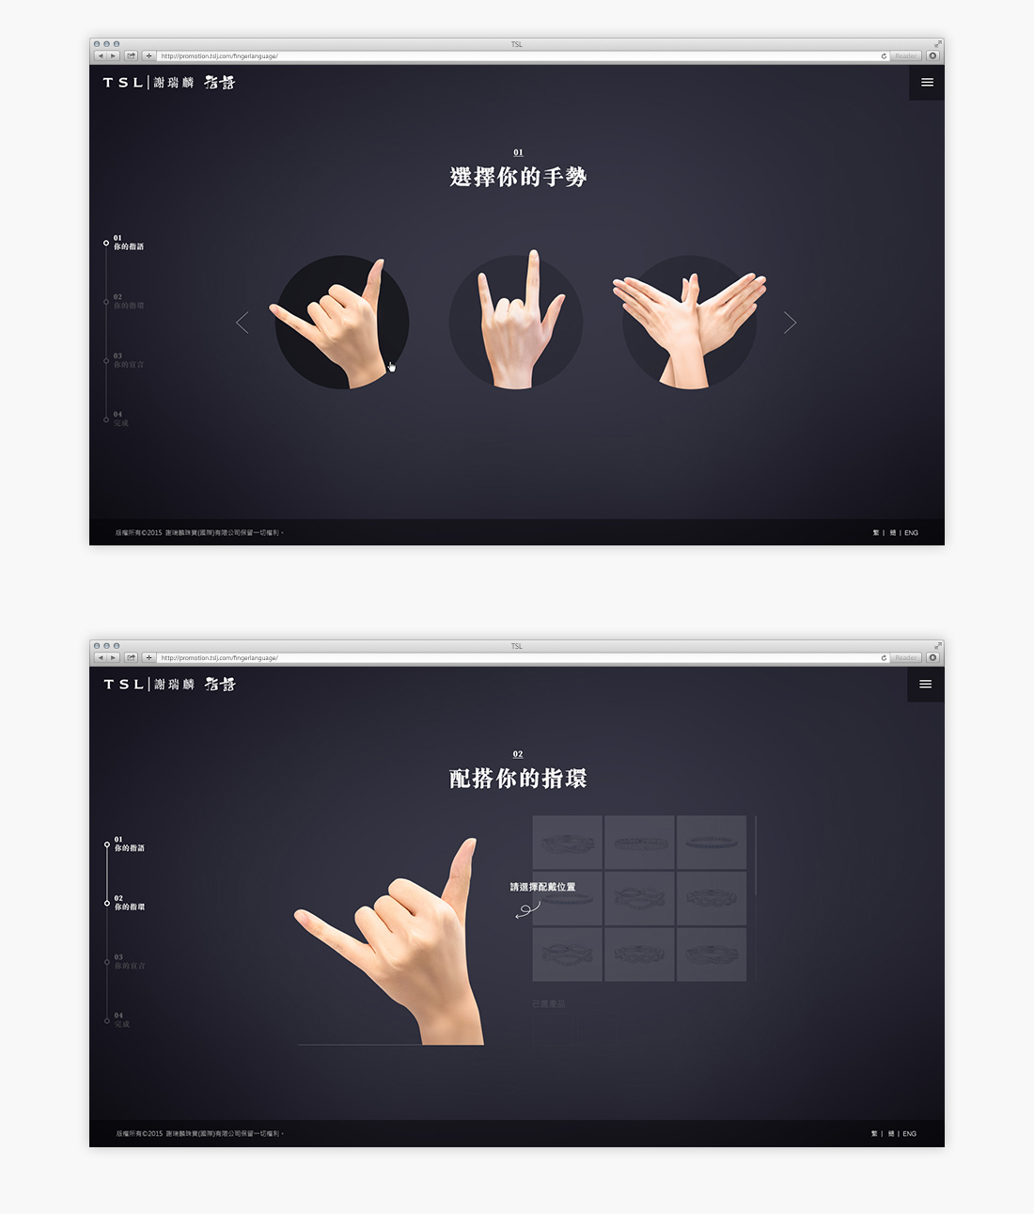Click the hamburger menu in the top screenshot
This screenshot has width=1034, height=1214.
(927, 83)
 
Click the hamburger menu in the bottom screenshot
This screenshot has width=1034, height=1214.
(925, 685)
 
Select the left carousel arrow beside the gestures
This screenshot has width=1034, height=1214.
(243, 323)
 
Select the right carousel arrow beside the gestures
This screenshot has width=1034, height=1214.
(790, 323)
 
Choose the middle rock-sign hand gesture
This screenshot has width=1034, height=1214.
(516, 322)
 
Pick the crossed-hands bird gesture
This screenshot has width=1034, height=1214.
(689, 322)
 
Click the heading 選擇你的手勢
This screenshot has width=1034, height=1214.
(518, 177)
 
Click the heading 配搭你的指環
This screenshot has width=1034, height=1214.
(518, 779)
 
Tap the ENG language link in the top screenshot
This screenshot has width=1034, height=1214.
(911, 533)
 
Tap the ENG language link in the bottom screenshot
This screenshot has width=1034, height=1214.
(909, 1134)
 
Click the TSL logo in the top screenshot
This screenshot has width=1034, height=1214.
(123, 83)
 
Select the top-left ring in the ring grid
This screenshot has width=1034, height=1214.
(567, 843)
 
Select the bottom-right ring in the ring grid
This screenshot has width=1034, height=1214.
(712, 954)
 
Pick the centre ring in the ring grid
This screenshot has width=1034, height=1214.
(639, 898)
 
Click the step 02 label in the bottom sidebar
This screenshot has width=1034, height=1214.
(129, 904)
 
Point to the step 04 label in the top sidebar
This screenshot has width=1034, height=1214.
(120, 419)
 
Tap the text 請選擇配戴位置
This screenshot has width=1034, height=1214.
(542, 887)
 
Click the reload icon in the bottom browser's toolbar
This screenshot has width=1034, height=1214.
(884, 658)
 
